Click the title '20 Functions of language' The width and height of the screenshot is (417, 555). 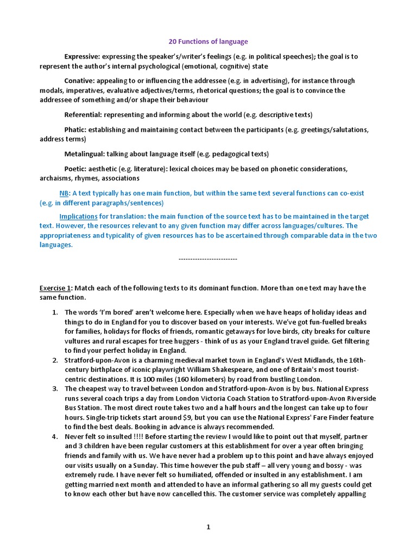click(x=208, y=42)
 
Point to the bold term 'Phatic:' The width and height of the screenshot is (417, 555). click(x=77, y=130)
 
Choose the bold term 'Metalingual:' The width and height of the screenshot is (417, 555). click(x=85, y=154)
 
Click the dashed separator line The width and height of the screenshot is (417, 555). click(x=208, y=259)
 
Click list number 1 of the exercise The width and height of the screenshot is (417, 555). click(x=55, y=313)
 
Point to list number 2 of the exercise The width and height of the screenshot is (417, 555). click(x=55, y=360)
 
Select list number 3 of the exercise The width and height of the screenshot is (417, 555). click(x=55, y=389)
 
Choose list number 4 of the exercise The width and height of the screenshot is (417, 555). click(x=55, y=437)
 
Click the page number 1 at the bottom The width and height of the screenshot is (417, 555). click(x=208, y=527)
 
